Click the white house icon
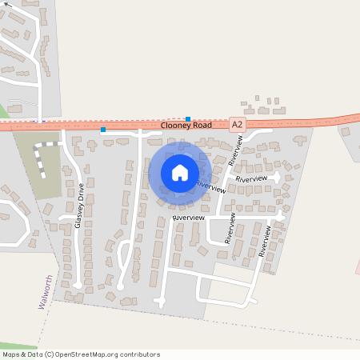(x=180, y=172)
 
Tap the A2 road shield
(x=237, y=125)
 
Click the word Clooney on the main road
(x=175, y=126)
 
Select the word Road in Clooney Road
(x=202, y=126)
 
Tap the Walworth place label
(x=46, y=293)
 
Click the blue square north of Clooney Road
(x=188, y=118)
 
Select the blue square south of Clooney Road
(x=102, y=130)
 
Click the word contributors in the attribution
(x=138, y=354)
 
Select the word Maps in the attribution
(x=11, y=354)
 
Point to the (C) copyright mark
(x=50, y=354)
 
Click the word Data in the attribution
(x=35, y=354)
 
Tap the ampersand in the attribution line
(x=23, y=354)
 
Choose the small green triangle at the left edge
(x=3, y=111)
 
